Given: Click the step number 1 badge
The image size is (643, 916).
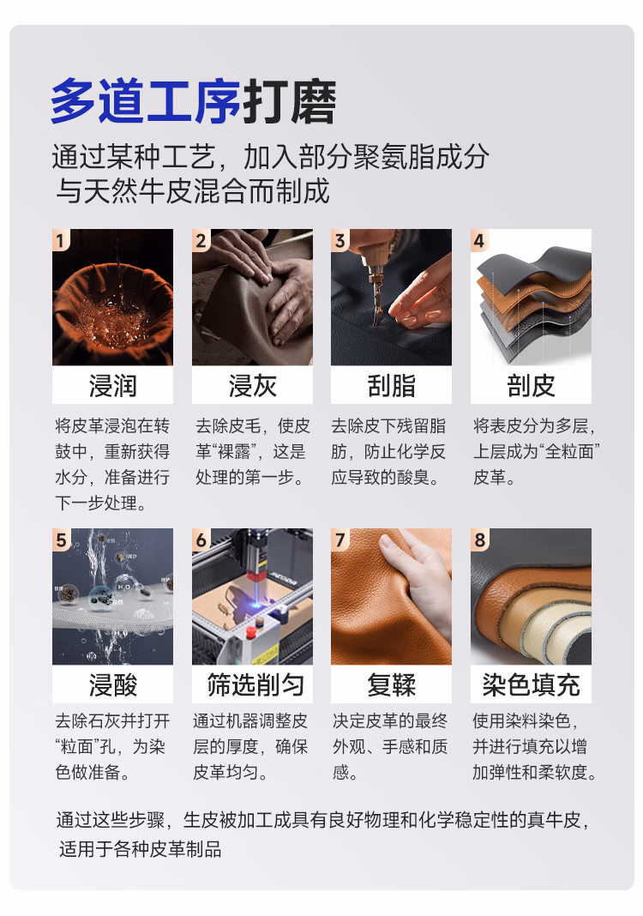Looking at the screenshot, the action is click(x=60, y=240).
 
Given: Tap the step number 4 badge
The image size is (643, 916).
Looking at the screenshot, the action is click(x=479, y=240).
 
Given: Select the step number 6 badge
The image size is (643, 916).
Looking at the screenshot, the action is click(x=201, y=539).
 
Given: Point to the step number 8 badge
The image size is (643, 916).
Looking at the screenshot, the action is click(x=479, y=539).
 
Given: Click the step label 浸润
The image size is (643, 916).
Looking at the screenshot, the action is click(x=112, y=386).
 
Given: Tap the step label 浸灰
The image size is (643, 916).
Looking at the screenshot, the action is click(x=252, y=386).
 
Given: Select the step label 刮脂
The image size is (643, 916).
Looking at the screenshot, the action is click(x=391, y=386).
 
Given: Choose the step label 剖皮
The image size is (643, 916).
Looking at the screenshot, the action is click(x=531, y=386).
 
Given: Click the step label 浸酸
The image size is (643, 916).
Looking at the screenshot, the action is click(x=112, y=684).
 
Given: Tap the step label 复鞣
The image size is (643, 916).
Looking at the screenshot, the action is click(x=391, y=684).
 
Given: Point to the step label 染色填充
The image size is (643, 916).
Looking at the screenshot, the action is click(x=531, y=684).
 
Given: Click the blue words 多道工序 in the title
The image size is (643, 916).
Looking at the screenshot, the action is click(x=146, y=102).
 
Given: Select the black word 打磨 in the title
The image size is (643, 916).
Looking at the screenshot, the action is click(x=289, y=102).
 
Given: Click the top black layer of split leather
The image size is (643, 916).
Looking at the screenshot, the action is click(x=534, y=264).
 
